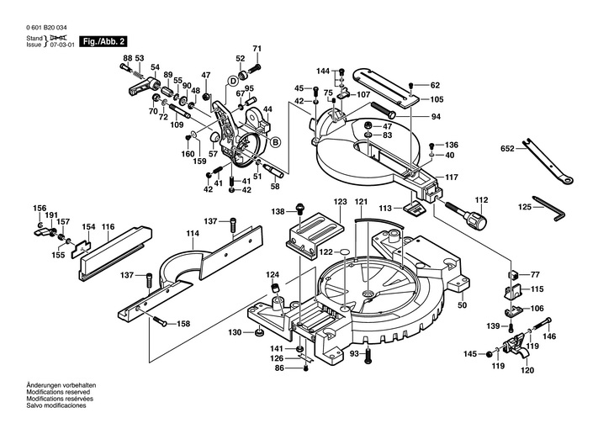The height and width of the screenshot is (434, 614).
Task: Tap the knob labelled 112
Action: point(477,220)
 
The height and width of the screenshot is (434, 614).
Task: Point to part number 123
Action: point(340,202)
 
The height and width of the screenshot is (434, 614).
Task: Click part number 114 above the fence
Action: point(193,232)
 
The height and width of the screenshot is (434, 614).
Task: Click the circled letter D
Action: point(233,80)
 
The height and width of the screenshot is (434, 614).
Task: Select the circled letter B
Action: point(274,141)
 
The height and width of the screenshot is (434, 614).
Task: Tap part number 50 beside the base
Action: point(462,305)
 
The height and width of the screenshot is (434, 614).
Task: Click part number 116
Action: point(109,227)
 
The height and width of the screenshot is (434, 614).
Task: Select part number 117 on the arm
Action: point(452,177)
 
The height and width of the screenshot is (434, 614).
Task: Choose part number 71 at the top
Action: point(257,50)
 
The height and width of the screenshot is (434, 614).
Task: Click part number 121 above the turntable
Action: point(361,202)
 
